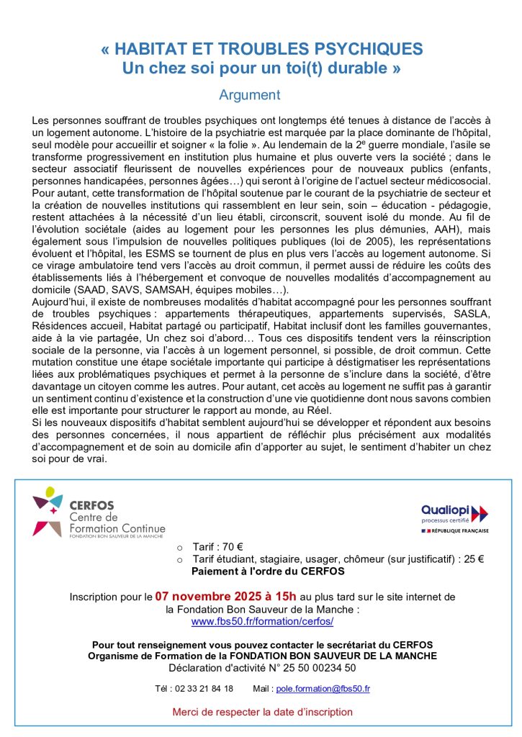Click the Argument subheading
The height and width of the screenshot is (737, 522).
pos(250,94)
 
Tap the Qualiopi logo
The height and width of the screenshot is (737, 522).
pos(454,514)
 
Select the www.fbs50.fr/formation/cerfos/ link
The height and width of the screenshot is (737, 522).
pos(262,621)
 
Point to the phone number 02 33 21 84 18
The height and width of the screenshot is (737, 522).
pos(206,689)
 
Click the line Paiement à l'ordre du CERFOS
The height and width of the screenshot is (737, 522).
pos(268,571)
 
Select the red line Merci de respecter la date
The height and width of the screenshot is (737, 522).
pos(262,712)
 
